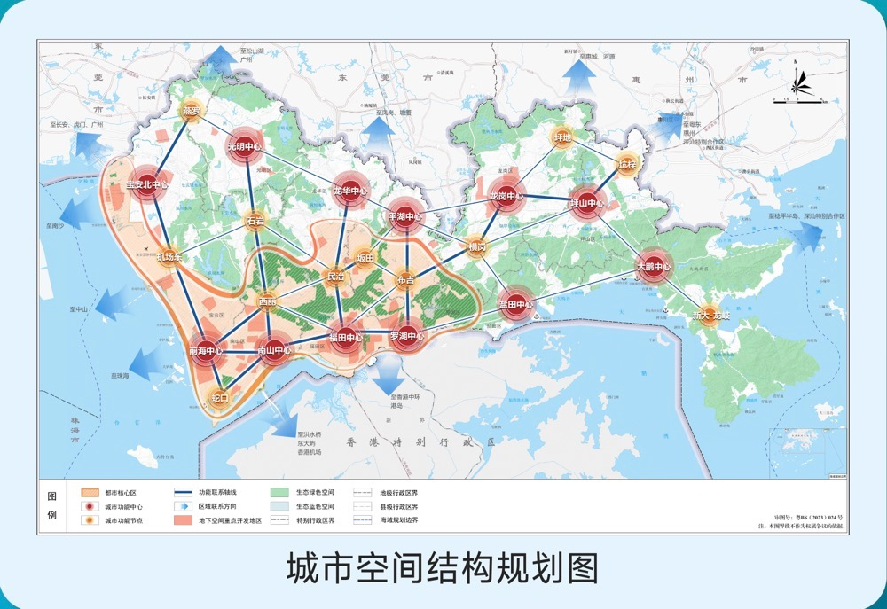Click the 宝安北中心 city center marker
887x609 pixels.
coord(146,184)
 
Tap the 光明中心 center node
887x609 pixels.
coord(244,146)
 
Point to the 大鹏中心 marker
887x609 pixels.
coord(654,266)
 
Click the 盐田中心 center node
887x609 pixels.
coord(515,304)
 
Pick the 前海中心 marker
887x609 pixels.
coord(205,350)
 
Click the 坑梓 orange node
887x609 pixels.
coord(628,164)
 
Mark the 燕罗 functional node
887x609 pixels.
coord(192,111)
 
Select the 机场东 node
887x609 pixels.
coord(169,257)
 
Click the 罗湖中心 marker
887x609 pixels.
coord(407,336)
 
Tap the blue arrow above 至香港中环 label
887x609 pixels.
coord(389,377)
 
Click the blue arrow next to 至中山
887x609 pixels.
coord(112,305)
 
